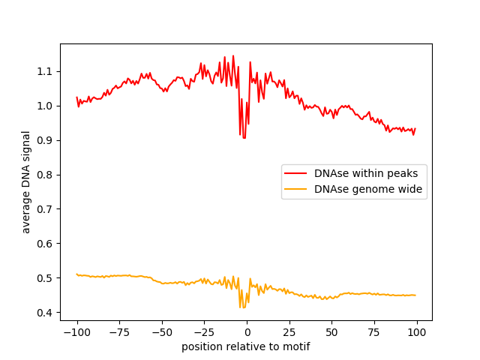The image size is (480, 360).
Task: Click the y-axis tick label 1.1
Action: click(x=47, y=71)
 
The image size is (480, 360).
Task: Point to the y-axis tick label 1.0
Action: click(x=47, y=106)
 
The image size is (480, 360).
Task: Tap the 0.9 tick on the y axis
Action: click(x=47, y=140)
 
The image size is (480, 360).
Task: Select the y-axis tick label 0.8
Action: click(x=47, y=175)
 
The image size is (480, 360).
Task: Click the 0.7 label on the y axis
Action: click(x=47, y=209)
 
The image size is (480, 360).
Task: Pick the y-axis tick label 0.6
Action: click(x=47, y=244)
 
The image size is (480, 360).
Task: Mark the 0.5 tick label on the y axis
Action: click(x=47, y=278)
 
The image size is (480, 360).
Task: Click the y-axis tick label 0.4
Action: click(x=47, y=313)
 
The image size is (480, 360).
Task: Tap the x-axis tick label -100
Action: click(x=76, y=332)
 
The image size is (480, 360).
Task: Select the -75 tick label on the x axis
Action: click(x=119, y=332)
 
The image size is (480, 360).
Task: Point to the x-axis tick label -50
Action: click(x=161, y=332)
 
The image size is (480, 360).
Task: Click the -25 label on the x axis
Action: click(x=204, y=332)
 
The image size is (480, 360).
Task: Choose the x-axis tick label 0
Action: click(x=247, y=332)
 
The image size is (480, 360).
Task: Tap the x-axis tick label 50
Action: click(x=331, y=332)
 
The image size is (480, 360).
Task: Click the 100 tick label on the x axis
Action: click(x=417, y=332)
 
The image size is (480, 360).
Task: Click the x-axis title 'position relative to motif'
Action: click(x=245, y=346)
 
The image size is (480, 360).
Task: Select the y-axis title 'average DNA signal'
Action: click(x=26, y=182)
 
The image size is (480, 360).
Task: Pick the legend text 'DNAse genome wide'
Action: click(x=368, y=190)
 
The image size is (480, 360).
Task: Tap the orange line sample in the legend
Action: click(x=298, y=190)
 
